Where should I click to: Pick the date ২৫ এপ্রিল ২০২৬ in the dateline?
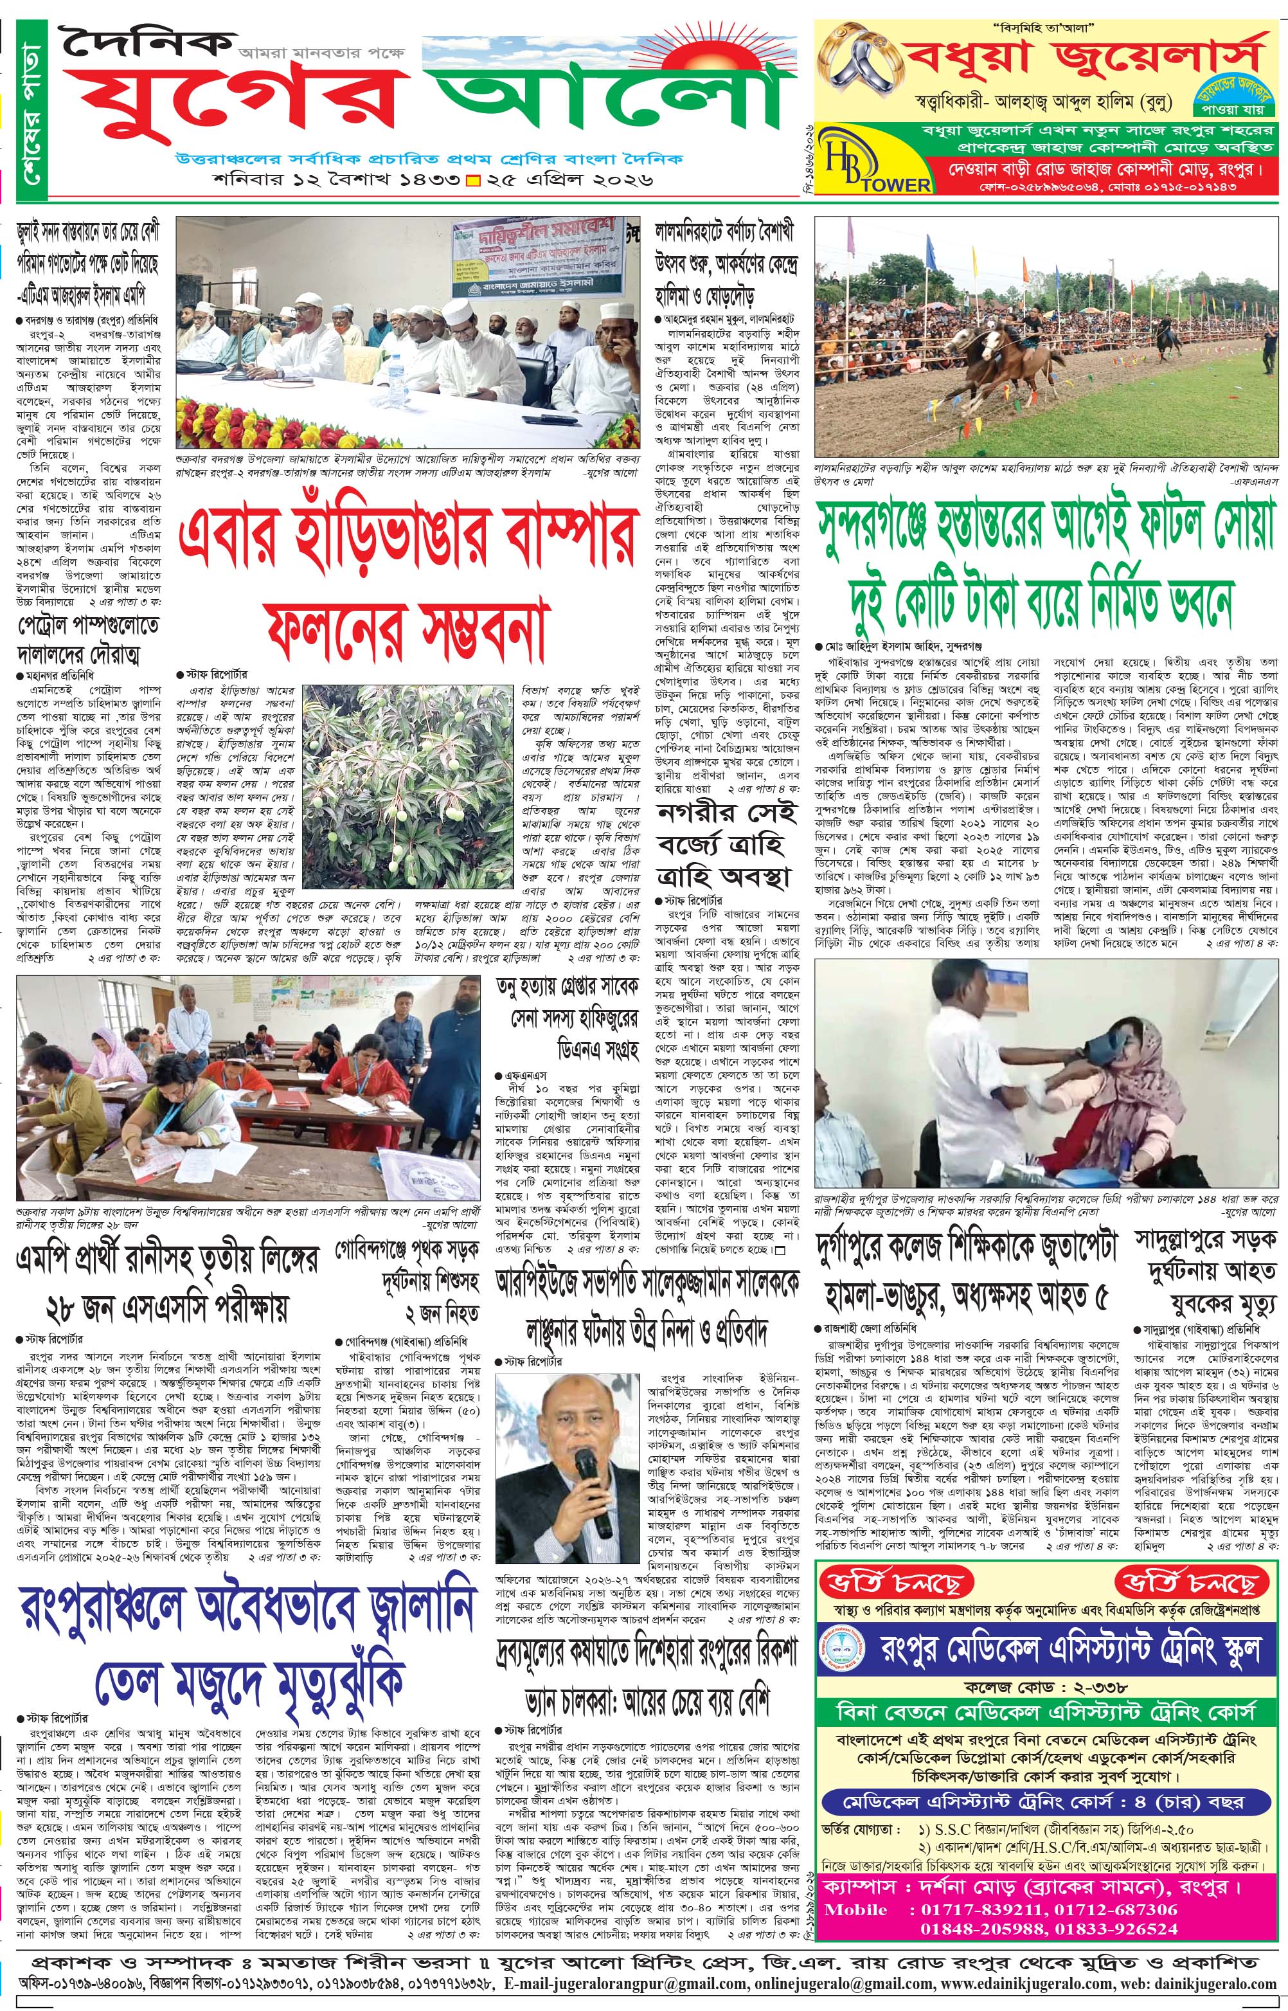(x=569, y=179)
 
